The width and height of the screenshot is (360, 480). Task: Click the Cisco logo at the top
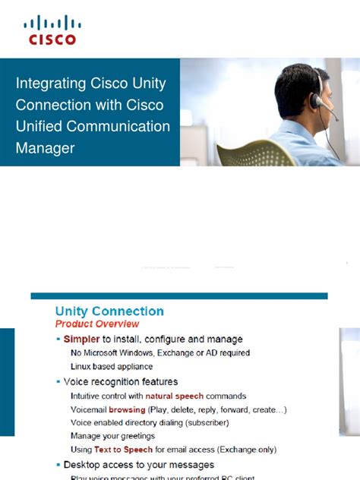click(52, 30)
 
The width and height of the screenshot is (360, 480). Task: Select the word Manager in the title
click(45, 148)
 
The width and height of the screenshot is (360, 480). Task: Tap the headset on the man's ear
click(315, 100)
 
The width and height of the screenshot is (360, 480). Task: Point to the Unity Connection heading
click(109, 311)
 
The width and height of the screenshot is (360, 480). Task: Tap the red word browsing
click(127, 409)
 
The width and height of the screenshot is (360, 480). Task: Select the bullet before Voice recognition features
click(58, 382)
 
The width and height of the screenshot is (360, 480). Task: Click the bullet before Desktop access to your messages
click(58, 464)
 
